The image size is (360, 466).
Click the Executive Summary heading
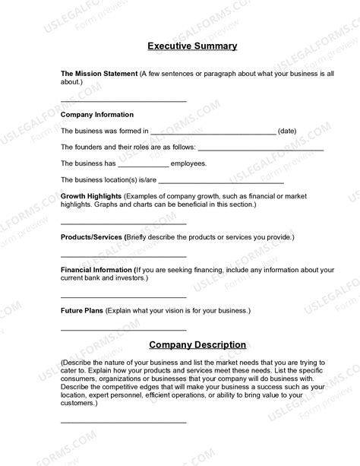192,46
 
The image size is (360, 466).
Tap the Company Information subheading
97,115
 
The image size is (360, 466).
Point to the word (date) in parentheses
287,132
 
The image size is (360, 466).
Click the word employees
188,163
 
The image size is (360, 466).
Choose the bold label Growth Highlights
91,196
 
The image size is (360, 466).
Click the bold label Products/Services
91,237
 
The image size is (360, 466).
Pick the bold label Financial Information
96,270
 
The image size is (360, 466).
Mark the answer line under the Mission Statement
123,100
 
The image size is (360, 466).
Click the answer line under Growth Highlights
123,223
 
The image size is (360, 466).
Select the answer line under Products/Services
123,255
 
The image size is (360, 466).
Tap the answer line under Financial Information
123,296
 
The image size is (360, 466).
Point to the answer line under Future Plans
123,329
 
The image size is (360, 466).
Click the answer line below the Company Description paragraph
123,421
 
